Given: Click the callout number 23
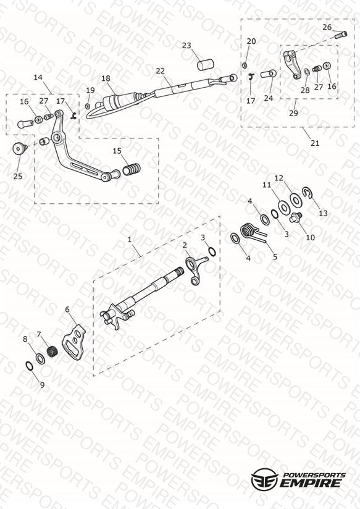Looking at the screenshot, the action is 186,46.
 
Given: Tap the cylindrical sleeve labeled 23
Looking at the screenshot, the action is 206,64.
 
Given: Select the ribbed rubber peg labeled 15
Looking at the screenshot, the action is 132,169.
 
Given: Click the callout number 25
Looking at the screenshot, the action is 18,176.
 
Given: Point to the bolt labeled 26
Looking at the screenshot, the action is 340,35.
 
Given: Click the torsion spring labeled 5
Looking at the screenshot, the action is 253,232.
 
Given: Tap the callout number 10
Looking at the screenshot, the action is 311,237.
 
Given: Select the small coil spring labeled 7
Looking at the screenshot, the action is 52,351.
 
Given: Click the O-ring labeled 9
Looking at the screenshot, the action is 29,366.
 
